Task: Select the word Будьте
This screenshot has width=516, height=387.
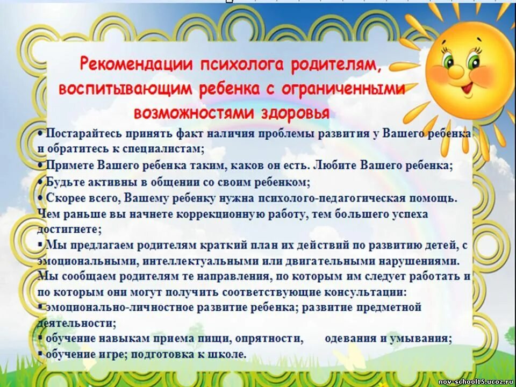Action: click(x=64, y=182)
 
